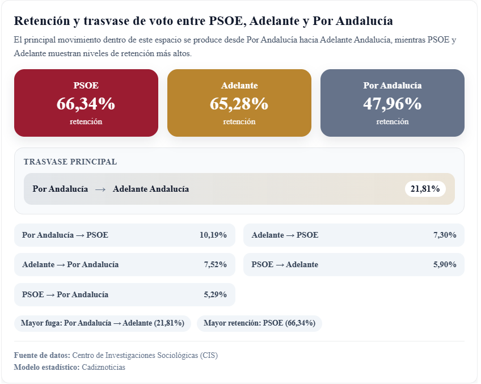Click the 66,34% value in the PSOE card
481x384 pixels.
point(86,104)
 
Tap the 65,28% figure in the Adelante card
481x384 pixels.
point(239,104)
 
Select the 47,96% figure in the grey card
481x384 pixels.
point(392,104)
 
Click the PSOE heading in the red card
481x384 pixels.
point(86,86)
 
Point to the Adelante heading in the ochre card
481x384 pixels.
point(239,86)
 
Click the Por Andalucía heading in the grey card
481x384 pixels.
point(392,86)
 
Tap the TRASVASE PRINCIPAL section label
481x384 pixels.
point(70,162)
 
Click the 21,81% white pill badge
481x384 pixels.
point(425,189)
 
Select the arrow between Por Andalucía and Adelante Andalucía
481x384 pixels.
point(100,189)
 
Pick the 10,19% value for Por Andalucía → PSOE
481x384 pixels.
point(213,235)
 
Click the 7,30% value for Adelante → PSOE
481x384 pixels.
point(445,235)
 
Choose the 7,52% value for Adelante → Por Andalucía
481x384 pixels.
point(216,264)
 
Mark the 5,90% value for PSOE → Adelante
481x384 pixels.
point(445,264)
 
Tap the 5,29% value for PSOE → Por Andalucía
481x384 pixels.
point(216,294)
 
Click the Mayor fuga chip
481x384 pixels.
point(103,323)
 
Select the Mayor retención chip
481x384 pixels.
point(259,323)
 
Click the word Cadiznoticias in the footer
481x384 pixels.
point(103,367)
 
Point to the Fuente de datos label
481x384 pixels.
point(42,355)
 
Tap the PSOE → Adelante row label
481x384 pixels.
point(285,264)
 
